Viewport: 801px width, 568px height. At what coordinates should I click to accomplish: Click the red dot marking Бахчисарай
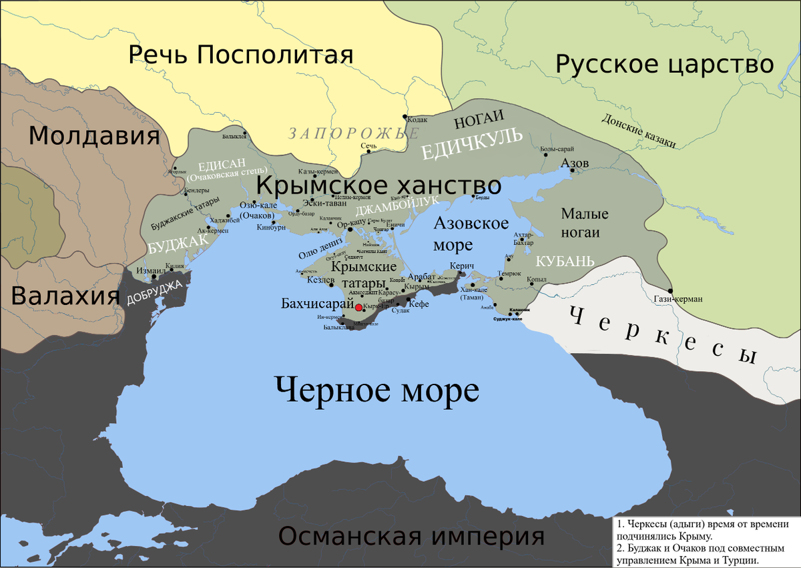[x=358, y=307]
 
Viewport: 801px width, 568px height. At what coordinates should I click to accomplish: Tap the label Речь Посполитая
[x=240, y=54]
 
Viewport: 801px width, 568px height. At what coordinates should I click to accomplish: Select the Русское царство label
[x=665, y=64]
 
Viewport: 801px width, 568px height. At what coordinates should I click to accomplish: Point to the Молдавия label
[x=94, y=137]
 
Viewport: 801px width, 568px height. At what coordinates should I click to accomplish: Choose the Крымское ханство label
[x=378, y=185]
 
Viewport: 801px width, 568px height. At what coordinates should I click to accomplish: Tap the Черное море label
[x=376, y=388]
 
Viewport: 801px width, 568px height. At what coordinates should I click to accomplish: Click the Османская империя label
[x=411, y=535]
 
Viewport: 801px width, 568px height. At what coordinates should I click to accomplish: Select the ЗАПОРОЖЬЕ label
[x=348, y=133]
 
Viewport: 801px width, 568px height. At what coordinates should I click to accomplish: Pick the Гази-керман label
[x=678, y=299]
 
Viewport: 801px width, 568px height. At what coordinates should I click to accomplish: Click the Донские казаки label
[x=639, y=130]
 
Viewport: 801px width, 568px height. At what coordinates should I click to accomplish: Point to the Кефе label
[x=419, y=304]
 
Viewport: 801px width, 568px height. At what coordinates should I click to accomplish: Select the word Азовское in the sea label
[x=471, y=224]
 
